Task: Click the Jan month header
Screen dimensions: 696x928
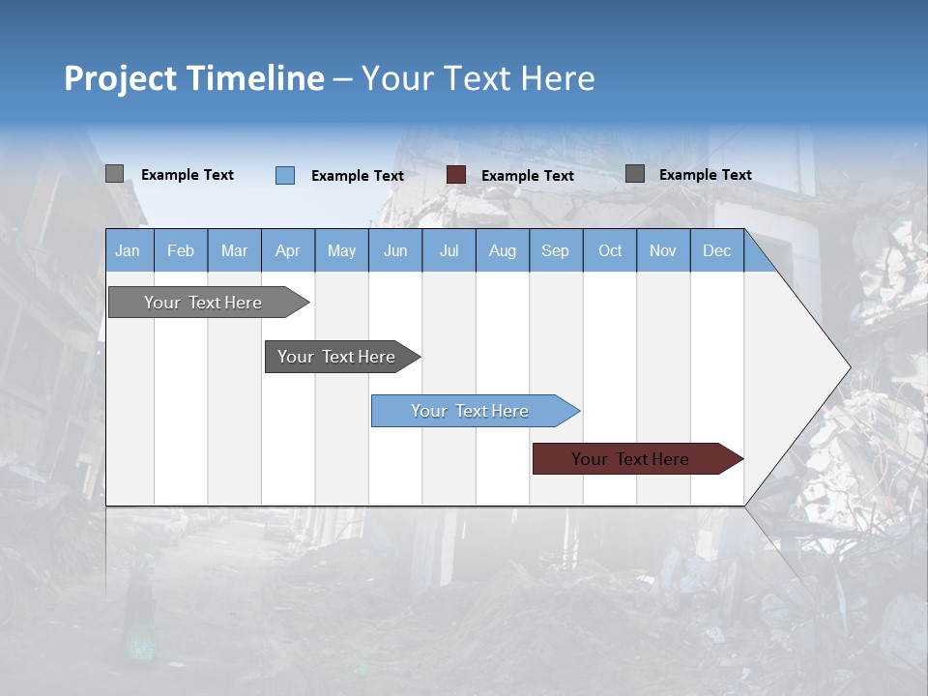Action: (x=128, y=250)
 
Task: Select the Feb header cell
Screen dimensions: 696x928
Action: (x=181, y=250)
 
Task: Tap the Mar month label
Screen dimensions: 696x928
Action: (x=234, y=250)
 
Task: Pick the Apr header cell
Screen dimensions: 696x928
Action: (x=287, y=250)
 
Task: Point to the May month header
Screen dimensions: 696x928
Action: (x=341, y=250)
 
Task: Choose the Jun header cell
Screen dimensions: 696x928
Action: (x=395, y=250)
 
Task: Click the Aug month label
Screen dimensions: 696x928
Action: (x=502, y=250)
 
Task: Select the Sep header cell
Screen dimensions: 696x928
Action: (x=555, y=250)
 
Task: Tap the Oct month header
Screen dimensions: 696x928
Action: (x=610, y=250)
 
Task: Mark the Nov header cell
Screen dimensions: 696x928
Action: (x=663, y=250)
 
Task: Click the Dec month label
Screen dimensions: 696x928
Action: (x=716, y=250)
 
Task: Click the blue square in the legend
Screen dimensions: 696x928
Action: (x=285, y=175)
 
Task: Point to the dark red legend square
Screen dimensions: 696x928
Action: (x=456, y=174)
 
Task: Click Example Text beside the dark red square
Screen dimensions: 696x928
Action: (x=527, y=176)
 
